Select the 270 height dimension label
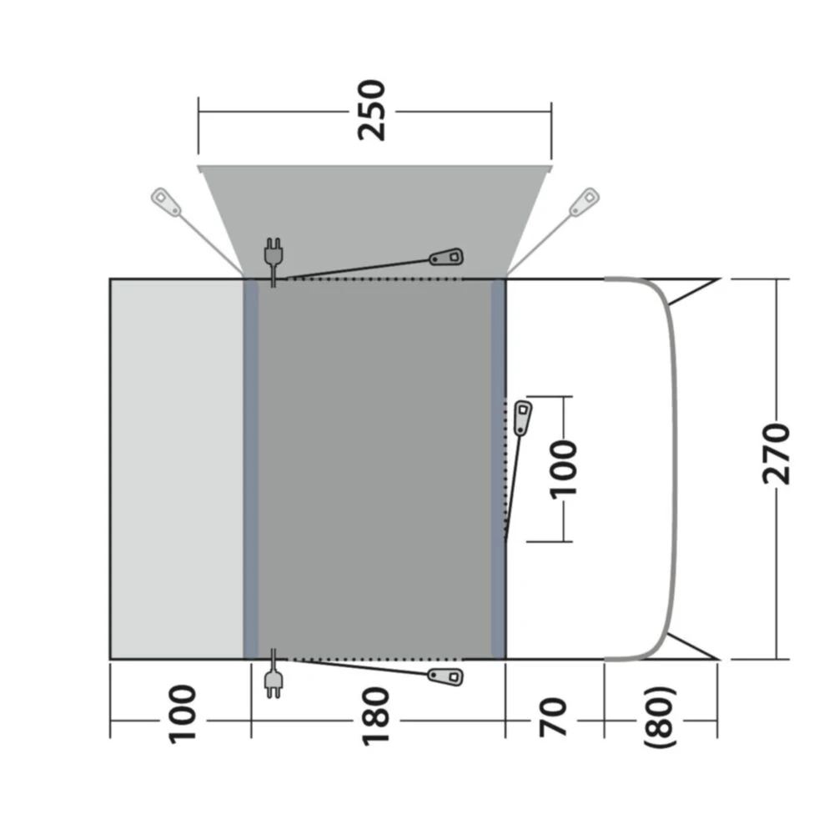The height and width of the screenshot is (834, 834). tap(776, 455)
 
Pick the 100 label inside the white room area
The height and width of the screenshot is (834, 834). tap(565, 468)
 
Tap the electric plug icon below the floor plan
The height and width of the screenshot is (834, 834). tap(272, 684)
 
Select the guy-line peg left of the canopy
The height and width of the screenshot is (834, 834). tap(165, 202)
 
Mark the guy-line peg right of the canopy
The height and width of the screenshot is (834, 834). tap(583, 202)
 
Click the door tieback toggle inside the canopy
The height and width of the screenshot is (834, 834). tap(446, 257)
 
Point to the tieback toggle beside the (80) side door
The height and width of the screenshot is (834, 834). tap(523, 417)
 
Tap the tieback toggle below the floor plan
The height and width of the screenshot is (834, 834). tap(445, 675)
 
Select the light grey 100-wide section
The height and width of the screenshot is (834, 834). tap(177, 469)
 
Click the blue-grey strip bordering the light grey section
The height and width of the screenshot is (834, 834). tap(250, 469)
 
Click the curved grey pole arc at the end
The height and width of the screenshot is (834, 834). tap(672, 469)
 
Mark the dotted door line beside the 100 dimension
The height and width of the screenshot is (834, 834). tap(505, 467)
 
